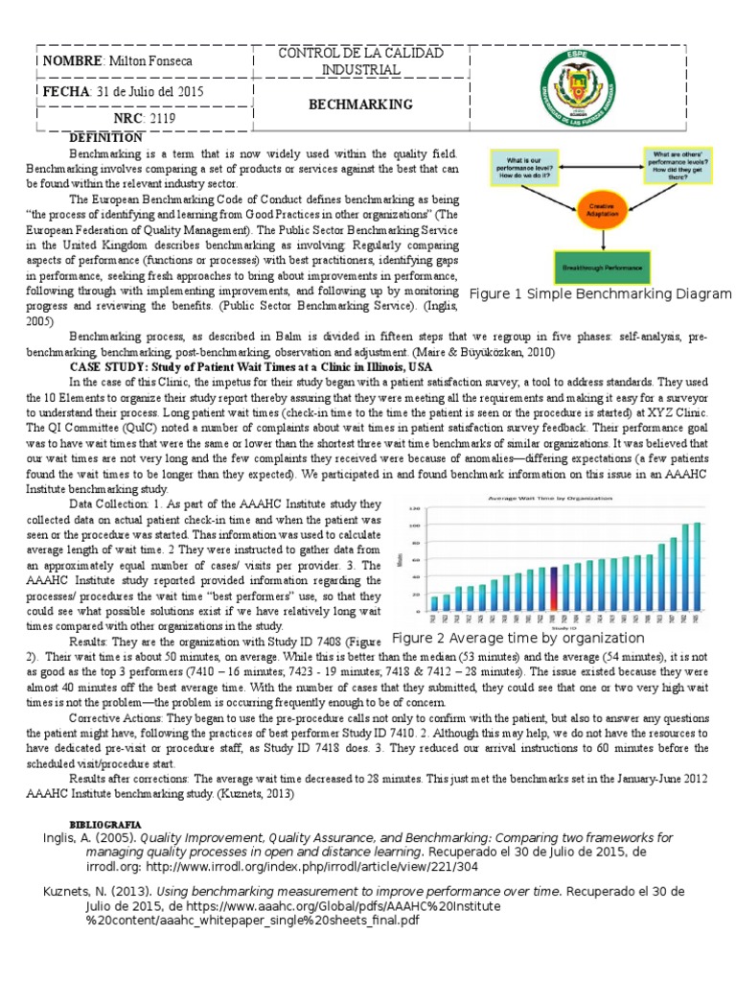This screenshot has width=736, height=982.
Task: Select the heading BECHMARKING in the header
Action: coord(359,104)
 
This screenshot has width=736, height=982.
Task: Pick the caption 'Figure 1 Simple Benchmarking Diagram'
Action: coord(599,294)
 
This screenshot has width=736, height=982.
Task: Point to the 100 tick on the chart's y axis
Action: coord(415,526)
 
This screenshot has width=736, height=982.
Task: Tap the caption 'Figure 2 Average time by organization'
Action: coord(518,638)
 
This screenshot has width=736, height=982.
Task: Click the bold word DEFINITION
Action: coord(105,138)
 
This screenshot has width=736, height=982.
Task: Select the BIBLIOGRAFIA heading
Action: coord(105,824)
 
